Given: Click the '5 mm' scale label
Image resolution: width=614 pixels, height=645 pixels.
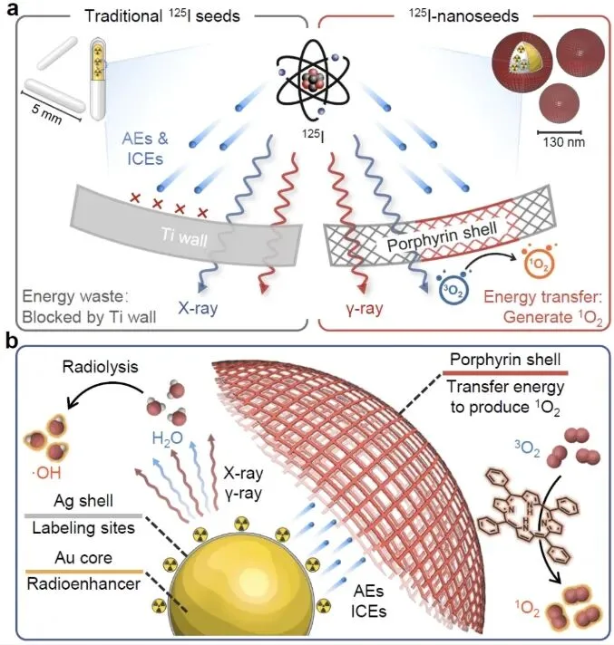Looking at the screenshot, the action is [46, 113].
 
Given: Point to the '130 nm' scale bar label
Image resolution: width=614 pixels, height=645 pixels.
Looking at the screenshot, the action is [563, 142].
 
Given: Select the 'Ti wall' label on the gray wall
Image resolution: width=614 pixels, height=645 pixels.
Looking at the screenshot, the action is [184, 236].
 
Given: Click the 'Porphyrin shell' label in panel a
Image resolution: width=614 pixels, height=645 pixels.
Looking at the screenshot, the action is [443, 236].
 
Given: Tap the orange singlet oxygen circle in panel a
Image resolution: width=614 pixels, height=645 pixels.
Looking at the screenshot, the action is [538, 265].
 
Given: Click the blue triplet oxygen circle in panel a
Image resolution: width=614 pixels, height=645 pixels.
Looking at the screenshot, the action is [453, 290].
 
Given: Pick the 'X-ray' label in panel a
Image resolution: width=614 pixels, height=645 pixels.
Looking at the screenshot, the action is [198, 307].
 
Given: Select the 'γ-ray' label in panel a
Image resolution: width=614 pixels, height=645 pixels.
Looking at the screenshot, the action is [365, 308].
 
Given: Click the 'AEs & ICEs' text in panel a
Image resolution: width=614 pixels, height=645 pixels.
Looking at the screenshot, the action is [145, 149].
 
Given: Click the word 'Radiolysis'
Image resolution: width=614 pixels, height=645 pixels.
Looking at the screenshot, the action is [100, 367].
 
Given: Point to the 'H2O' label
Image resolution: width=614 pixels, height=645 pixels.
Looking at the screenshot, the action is [167, 438].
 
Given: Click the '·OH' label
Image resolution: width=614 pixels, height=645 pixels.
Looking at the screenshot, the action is [46, 474].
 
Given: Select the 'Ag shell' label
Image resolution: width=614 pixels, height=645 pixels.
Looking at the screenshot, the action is [83, 501].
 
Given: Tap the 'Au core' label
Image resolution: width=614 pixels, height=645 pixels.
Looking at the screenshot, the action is [83, 558].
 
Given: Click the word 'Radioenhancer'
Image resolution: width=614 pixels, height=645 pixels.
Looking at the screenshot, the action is [83, 584].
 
